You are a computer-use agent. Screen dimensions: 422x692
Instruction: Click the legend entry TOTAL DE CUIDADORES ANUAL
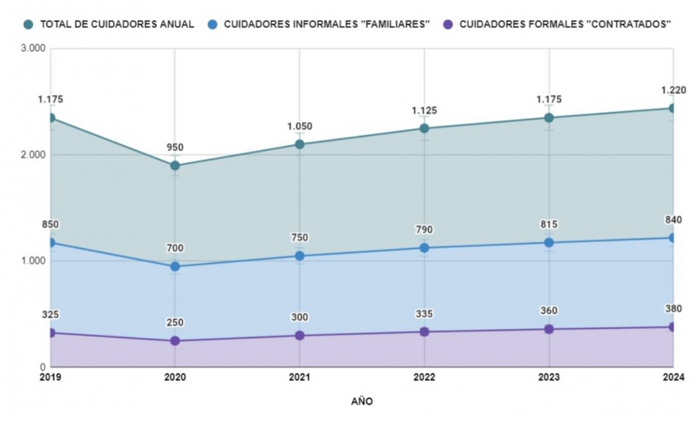click(110, 24)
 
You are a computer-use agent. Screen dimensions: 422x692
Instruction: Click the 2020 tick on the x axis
click(175, 378)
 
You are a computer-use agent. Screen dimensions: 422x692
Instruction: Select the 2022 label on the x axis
click(424, 378)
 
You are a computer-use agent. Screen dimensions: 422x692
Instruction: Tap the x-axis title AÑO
click(362, 401)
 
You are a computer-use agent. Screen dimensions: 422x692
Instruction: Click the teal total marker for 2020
click(175, 165)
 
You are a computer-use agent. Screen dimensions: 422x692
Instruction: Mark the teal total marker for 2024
click(673, 108)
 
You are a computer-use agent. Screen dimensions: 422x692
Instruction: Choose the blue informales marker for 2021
click(300, 256)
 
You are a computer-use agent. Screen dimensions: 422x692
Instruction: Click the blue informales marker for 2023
click(549, 242)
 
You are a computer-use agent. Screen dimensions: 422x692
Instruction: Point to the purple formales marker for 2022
click(424, 332)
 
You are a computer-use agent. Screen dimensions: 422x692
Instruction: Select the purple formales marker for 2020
click(175, 341)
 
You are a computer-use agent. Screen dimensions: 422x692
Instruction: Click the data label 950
click(175, 148)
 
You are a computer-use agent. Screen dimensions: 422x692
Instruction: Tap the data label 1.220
click(673, 90)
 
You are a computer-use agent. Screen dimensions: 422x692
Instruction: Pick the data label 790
click(424, 230)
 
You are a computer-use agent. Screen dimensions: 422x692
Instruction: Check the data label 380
click(673, 309)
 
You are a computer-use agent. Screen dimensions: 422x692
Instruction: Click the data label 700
click(175, 248)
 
